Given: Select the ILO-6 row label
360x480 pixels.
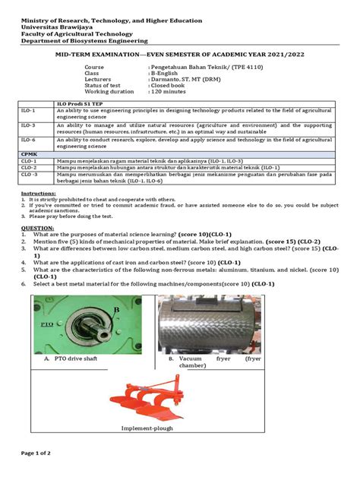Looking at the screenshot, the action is (x=28, y=139).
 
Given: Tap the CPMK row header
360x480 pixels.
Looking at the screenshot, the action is (x=28, y=153).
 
